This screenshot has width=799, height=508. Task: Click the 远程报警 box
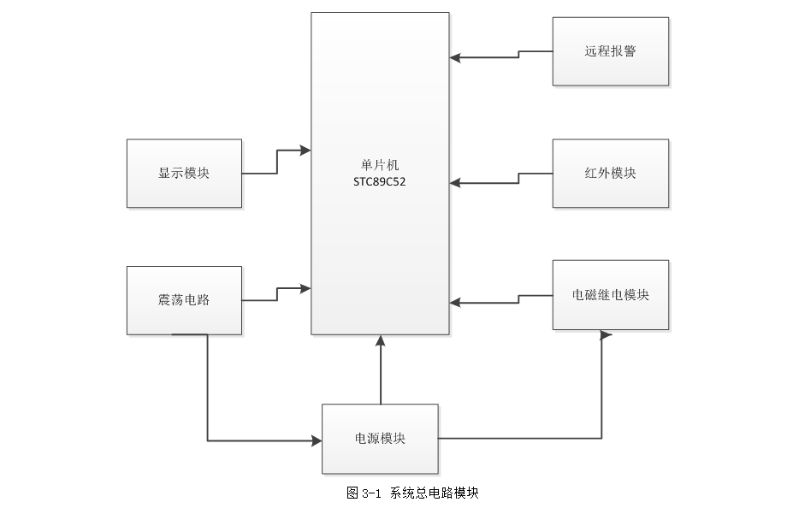tap(610, 51)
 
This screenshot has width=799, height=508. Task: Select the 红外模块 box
tap(610, 174)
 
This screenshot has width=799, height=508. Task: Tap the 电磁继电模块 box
tap(610, 295)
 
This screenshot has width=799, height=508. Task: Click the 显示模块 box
tap(184, 174)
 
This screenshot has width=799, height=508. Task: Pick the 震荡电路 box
tap(184, 300)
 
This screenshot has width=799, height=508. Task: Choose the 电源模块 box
tap(380, 439)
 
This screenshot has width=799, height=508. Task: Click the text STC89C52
tap(379, 181)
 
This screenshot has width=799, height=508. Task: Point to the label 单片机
tap(380, 164)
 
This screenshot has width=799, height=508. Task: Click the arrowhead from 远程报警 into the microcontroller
tap(455, 57)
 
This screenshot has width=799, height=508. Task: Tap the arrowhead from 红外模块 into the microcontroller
tap(455, 181)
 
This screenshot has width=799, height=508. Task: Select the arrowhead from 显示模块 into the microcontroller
tap(305, 151)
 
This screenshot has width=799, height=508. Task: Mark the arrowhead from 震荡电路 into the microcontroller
tap(305, 289)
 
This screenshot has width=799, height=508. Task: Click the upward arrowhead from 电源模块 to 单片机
tap(381, 341)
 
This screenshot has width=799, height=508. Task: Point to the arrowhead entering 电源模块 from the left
tap(316, 441)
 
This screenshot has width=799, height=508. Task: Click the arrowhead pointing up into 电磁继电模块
tap(604, 336)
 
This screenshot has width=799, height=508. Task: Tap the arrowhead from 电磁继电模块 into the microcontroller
tap(455, 302)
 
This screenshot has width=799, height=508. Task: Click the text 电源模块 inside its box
tap(380, 439)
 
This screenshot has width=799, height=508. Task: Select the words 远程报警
tap(610, 51)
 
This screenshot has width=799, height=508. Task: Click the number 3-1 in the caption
tap(370, 493)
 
